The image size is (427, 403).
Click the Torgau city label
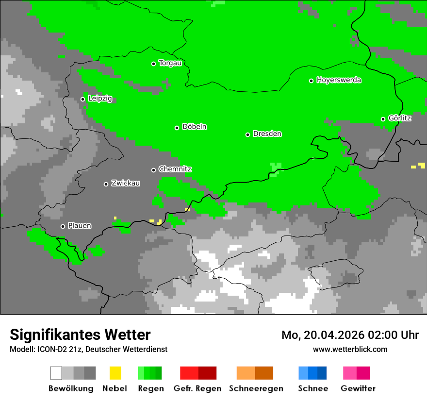170,63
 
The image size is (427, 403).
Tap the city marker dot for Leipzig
82,99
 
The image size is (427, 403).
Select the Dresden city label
267,134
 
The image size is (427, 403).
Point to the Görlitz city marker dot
383,119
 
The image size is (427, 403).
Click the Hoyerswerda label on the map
339,80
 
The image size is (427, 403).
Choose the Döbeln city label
194,127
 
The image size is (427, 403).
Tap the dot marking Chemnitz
153,170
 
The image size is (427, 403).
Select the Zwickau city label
126,183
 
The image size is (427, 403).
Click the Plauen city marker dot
63,226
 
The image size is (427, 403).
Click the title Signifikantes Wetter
80,335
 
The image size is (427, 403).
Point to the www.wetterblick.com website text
350,350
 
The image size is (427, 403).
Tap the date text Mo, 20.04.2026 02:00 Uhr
350,335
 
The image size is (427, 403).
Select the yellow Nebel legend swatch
115,373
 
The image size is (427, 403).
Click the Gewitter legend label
358,388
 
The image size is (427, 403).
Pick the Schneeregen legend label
256,388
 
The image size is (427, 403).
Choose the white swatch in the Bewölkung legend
56,373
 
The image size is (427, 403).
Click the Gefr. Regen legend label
197,388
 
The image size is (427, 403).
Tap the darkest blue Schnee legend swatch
322,373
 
